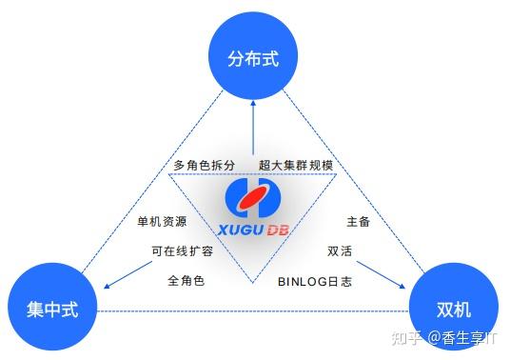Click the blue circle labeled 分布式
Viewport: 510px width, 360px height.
pos(253,57)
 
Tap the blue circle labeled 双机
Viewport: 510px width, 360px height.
pos(454,309)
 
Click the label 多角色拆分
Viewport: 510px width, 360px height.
pos(204,165)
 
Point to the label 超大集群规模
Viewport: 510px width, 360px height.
pos(296,165)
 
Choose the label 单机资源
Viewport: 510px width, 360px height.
pos(162,222)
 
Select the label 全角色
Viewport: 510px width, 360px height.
pos(186,281)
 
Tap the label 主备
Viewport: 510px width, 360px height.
pos(358,222)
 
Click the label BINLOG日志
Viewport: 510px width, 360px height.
pos(315,281)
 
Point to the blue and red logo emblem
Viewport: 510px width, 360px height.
pos(253,200)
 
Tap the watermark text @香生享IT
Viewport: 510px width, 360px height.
pos(465,337)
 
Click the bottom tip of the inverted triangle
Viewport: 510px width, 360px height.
pos(253,283)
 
